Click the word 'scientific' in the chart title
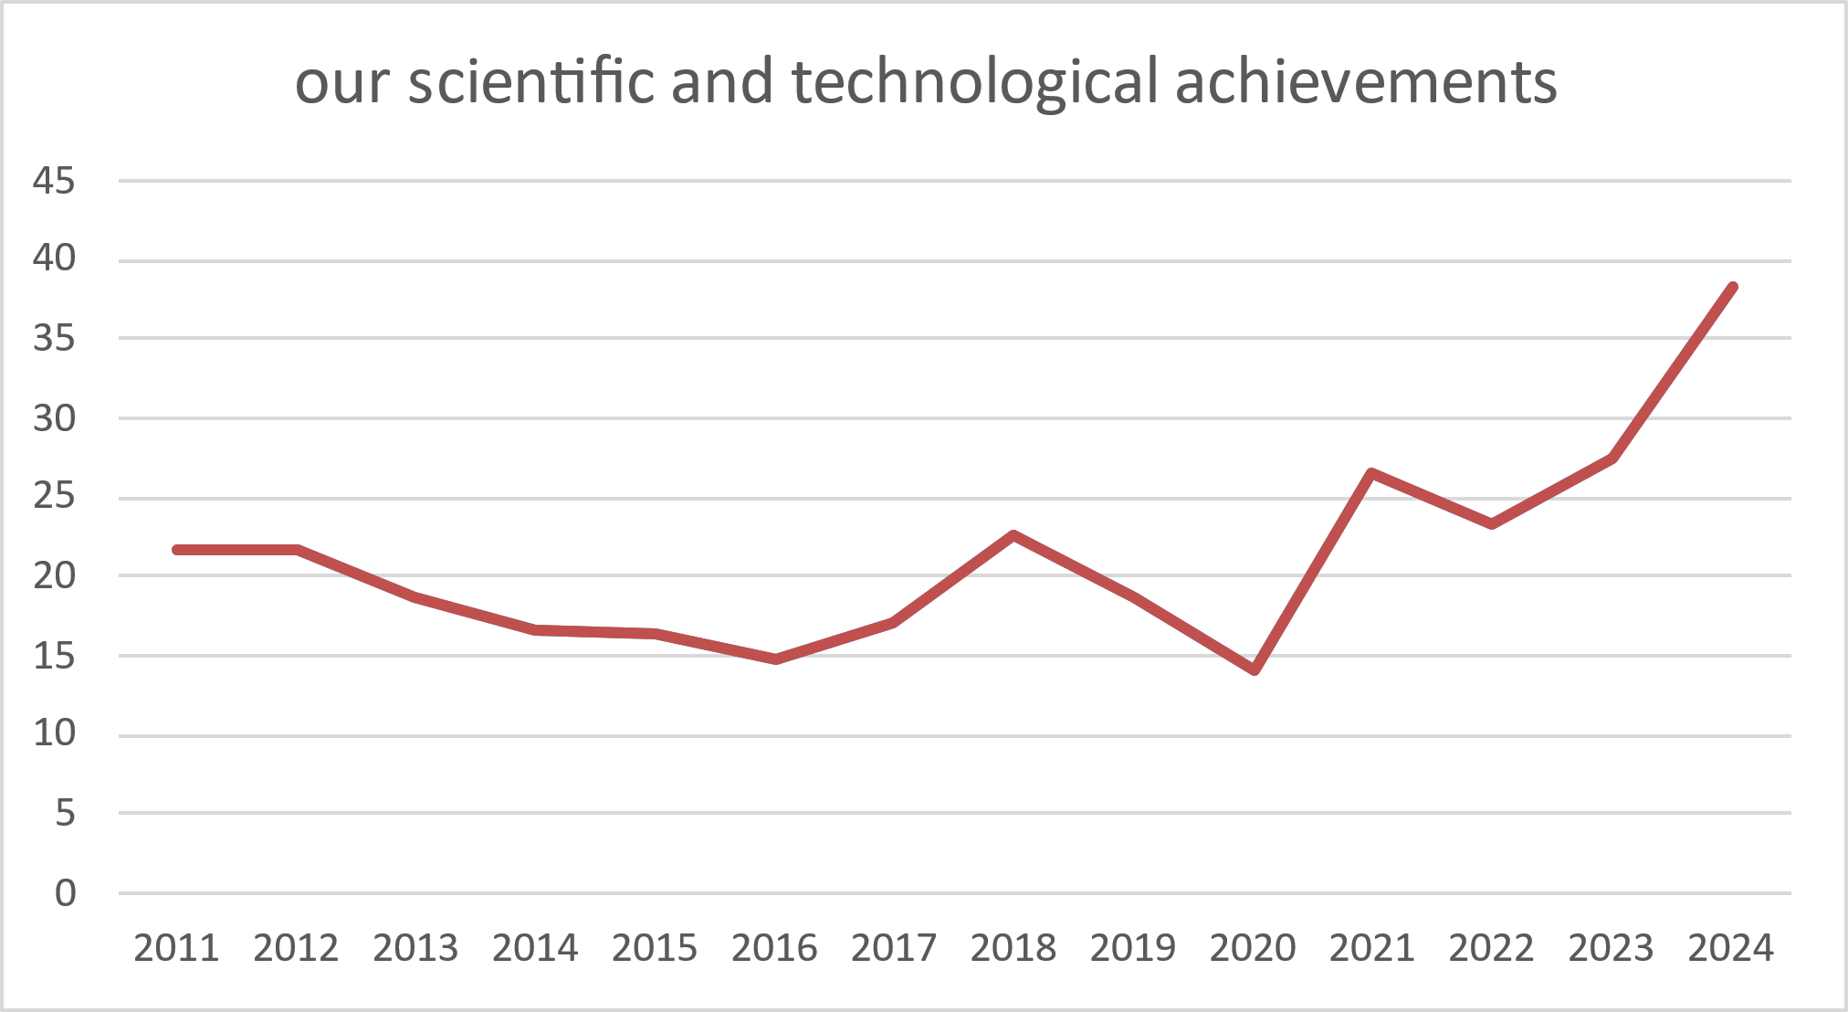tap(531, 81)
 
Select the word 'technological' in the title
tap(974, 81)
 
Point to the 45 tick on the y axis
tap(54, 181)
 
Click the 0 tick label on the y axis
tap(65, 892)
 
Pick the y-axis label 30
tap(54, 418)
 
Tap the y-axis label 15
tap(54, 655)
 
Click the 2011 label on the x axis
tap(176, 947)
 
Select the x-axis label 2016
tap(774, 947)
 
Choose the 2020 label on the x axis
tap(1253, 947)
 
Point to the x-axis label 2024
tap(1730, 947)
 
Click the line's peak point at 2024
tap(1732, 287)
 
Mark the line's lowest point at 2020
tap(1255, 670)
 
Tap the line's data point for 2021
tap(1372, 472)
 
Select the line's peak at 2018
tap(1013, 535)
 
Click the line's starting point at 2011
tap(177, 550)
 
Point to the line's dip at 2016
tap(775, 659)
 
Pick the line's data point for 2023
tap(1612, 458)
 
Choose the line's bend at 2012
tap(297, 550)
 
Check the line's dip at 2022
tap(1492, 524)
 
